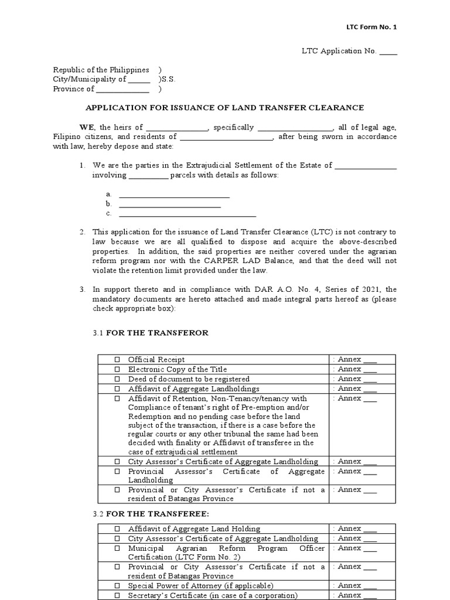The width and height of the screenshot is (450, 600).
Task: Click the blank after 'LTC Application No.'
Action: pos(388,52)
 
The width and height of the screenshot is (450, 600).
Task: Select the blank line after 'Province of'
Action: pos(122,90)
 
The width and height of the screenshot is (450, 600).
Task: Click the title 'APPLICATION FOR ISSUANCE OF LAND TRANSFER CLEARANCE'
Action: pos(225,108)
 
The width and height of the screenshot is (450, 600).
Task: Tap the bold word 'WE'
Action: pos(86,127)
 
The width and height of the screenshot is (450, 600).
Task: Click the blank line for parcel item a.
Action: pos(174,195)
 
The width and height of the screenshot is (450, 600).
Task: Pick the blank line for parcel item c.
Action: pos(187,213)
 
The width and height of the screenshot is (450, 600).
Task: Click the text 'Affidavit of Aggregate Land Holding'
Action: pos(194,529)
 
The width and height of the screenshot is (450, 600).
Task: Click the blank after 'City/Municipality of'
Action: pos(138,80)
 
